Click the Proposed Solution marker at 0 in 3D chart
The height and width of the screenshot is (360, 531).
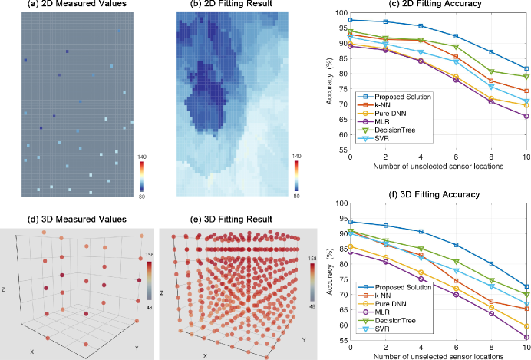coord(351,221)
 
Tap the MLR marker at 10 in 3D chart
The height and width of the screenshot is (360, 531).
coord(526,337)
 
